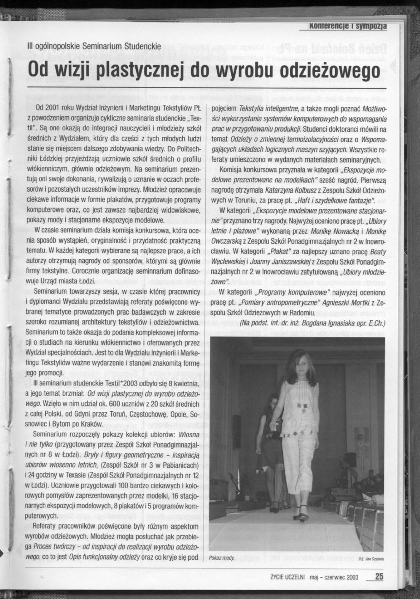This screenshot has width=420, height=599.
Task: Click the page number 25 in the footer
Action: click(x=379, y=576)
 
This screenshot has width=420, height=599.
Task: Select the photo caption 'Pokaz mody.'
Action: click(x=222, y=558)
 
